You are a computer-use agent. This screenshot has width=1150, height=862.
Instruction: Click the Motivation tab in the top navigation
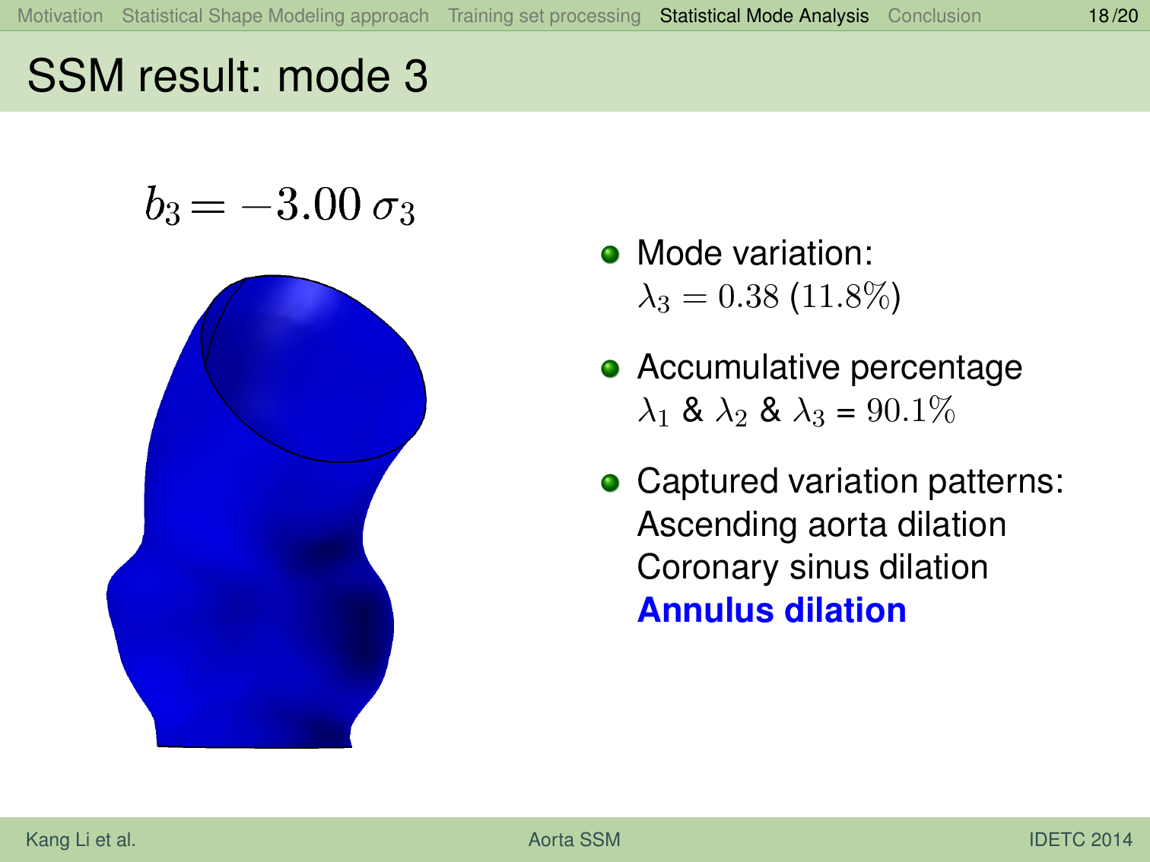click(x=60, y=16)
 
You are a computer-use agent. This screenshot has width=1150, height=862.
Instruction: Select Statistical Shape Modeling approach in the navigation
click(x=275, y=16)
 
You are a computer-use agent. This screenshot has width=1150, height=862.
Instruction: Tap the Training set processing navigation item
click(x=544, y=16)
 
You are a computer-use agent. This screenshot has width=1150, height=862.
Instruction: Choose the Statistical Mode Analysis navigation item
click(x=764, y=16)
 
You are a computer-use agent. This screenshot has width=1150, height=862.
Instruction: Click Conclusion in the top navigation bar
click(x=934, y=16)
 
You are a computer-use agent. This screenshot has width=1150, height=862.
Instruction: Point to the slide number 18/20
click(x=1113, y=16)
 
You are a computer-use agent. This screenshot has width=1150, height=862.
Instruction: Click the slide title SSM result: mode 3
click(x=227, y=76)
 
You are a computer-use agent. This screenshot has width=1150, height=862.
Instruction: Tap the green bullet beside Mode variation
click(x=610, y=255)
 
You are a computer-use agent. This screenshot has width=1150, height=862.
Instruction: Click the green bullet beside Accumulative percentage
click(x=610, y=369)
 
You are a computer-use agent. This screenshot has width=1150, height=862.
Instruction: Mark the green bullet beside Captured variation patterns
click(x=610, y=483)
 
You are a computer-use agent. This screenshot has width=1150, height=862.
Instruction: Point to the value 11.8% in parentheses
click(x=845, y=296)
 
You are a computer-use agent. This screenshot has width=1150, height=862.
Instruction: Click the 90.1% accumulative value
click(x=910, y=410)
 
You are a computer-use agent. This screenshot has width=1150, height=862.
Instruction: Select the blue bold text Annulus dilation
click(x=771, y=610)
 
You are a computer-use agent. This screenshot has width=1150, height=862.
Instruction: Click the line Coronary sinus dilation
click(x=812, y=567)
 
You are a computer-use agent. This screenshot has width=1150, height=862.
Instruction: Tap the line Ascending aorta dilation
click(x=821, y=524)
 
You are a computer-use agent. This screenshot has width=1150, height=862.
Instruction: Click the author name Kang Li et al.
click(x=81, y=839)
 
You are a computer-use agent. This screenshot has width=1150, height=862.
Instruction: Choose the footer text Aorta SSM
click(x=574, y=839)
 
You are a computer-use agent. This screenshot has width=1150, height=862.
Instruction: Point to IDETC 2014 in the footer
click(x=1080, y=839)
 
